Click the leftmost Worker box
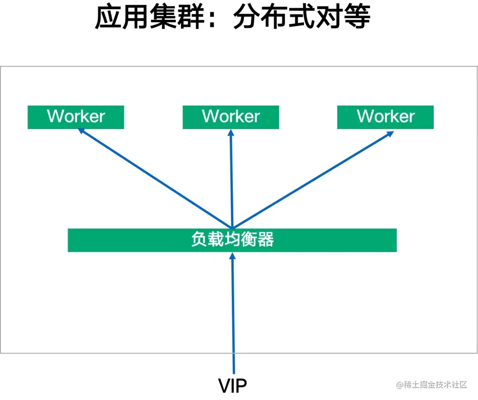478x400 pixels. click(x=76, y=117)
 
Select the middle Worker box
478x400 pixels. click(x=231, y=117)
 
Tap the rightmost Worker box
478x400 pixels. click(x=385, y=117)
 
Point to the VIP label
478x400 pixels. click(x=232, y=385)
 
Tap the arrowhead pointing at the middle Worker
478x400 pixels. click(x=231, y=132)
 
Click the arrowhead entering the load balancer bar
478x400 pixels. click(x=232, y=255)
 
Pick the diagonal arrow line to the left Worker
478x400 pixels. click(x=155, y=178)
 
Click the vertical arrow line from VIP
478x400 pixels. click(x=233, y=314)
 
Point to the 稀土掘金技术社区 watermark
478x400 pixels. click(x=432, y=385)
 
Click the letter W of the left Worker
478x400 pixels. click(x=56, y=116)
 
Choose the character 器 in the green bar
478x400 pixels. click(x=266, y=240)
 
